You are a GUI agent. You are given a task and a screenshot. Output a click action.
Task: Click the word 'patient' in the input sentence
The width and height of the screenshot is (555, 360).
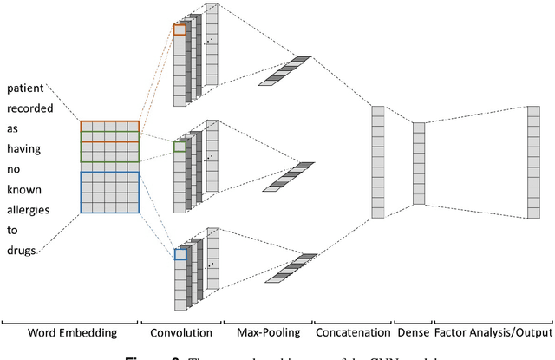(26, 88)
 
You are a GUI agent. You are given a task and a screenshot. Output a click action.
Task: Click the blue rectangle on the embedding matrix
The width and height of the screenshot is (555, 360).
(109, 192)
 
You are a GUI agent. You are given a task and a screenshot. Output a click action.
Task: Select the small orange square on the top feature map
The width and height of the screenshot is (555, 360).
(180, 29)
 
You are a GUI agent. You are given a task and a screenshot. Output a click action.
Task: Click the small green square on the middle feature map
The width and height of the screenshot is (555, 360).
(179, 147)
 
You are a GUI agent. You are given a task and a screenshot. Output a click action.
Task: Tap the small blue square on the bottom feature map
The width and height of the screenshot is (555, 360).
(180, 254)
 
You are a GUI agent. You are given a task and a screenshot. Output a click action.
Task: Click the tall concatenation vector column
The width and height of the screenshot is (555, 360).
(377, 161)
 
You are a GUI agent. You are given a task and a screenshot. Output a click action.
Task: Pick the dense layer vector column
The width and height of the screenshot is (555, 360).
(419, 163)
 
